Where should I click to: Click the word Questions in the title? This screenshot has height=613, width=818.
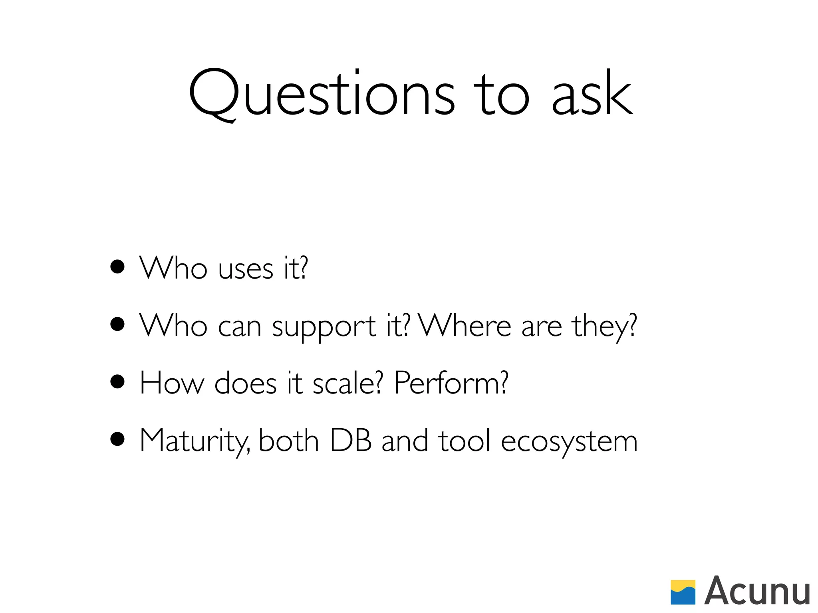[322, 95]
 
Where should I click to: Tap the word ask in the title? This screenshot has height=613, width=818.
[592, 95]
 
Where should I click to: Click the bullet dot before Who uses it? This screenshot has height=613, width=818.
[117, 267]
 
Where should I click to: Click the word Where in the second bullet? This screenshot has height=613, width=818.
[465, 325]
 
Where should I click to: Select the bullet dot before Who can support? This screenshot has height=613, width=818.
[117, 324]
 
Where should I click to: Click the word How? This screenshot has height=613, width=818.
[172, 383]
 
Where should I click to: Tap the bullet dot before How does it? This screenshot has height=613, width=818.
[117, 382]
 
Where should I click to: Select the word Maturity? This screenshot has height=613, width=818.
[195, 441]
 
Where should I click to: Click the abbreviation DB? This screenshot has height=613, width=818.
[351, 441]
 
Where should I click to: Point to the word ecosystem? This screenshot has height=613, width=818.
[569, 442]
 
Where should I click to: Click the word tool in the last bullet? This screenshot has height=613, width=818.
[464, 441]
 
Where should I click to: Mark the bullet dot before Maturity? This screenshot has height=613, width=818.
[117, 439]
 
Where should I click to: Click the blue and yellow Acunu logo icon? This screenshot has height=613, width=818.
[683, 592]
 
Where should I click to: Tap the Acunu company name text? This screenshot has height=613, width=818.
[757, 591]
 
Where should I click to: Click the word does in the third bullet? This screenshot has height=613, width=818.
[245, 383]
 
